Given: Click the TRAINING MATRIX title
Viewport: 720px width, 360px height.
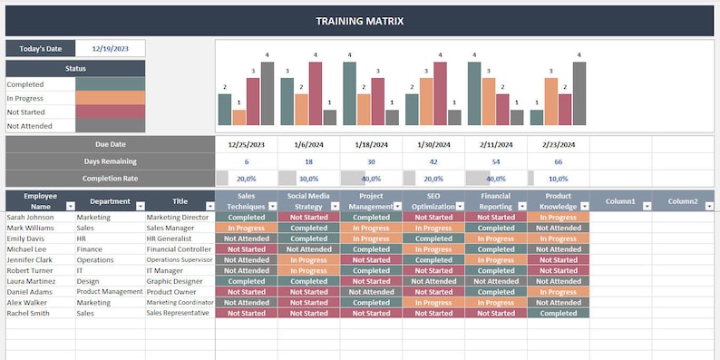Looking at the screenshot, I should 360,20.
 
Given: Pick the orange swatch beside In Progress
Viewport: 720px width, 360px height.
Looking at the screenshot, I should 110,98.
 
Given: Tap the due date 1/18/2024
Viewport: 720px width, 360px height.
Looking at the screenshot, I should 371,144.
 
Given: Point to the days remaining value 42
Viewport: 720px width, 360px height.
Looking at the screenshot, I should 433,161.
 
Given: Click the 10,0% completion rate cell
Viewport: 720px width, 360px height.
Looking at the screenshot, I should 559,179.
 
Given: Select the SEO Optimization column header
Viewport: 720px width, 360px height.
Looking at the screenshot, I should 433,200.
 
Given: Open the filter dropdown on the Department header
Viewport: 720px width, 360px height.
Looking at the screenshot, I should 139,207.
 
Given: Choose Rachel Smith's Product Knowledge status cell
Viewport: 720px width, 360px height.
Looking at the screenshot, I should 558,314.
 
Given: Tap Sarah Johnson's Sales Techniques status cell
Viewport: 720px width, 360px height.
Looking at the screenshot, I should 246,218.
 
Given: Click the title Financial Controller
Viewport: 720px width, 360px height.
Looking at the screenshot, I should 179,249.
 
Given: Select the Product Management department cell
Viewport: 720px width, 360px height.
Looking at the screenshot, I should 109,292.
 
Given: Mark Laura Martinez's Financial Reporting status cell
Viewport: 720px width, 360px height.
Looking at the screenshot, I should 496,281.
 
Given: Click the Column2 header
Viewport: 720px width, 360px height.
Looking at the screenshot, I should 682,200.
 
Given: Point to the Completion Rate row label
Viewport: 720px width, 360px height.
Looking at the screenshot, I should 111,179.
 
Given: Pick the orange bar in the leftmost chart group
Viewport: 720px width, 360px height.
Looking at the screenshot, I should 238,117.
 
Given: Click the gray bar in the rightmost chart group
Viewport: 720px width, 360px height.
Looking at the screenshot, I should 579,93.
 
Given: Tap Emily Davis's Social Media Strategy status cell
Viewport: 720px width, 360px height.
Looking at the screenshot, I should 308,238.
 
